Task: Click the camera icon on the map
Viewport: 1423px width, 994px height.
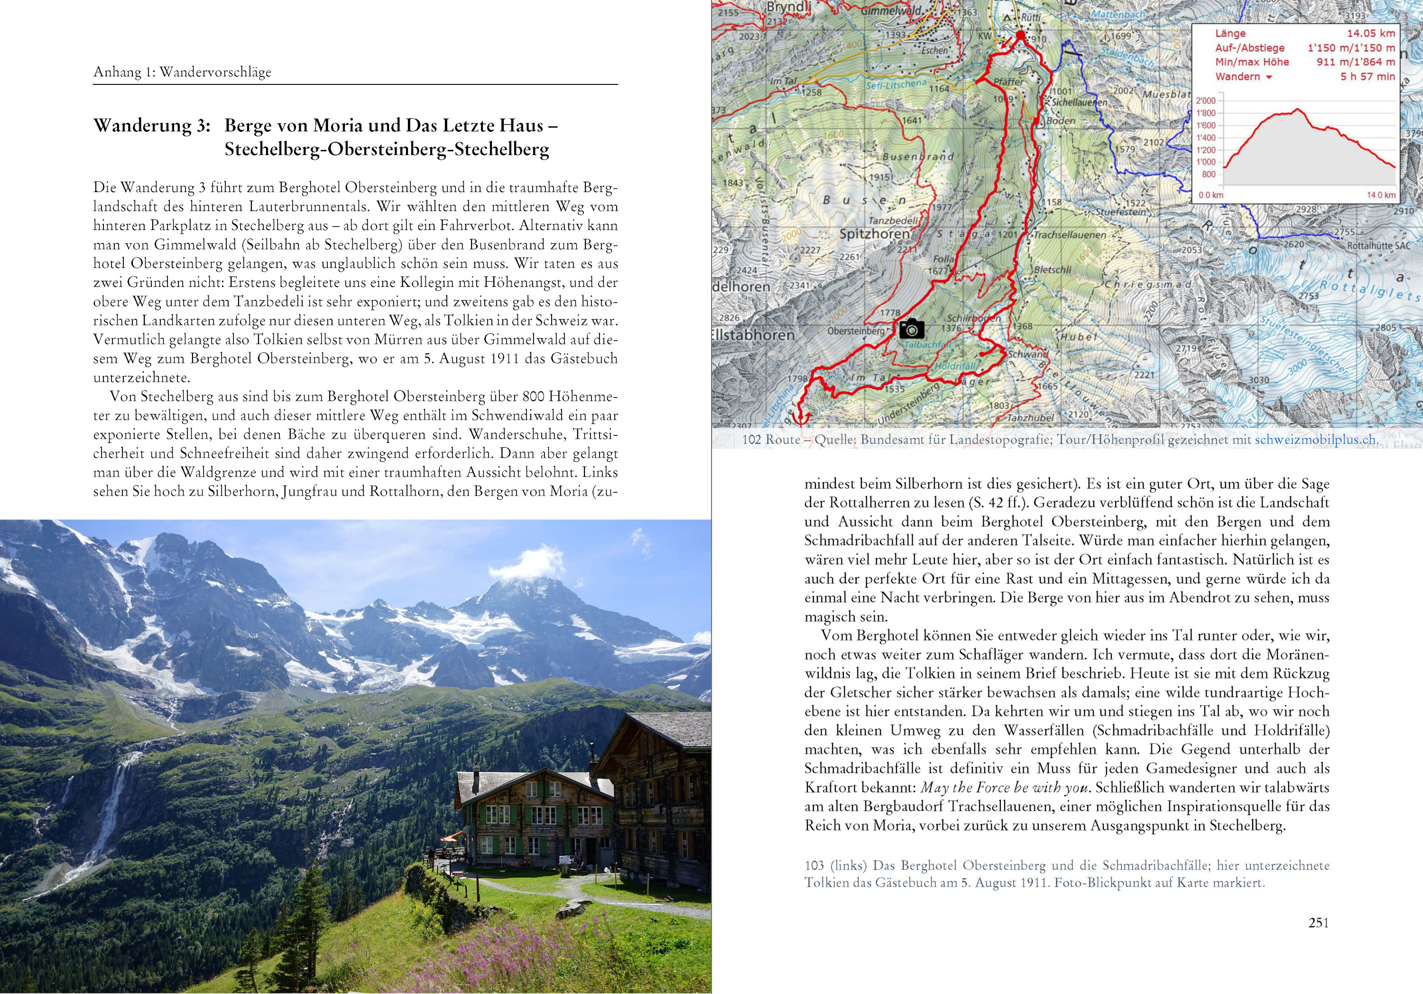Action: click(x=912, y=329)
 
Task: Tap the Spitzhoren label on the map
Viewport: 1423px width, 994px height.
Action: click(x=875, y=234)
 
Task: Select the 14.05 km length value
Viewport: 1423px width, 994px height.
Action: click(x=1370, y=34)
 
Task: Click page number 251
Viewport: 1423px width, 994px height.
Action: click(x=1318, y=923)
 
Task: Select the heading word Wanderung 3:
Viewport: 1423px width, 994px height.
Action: click(x=152, y=126)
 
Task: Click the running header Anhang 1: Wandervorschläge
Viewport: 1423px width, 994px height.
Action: click(x=182, y=72)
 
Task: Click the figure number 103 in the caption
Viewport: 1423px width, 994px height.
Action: click(x=814, y=865)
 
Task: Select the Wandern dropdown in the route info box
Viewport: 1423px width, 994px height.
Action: click(x=1243, y=77)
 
